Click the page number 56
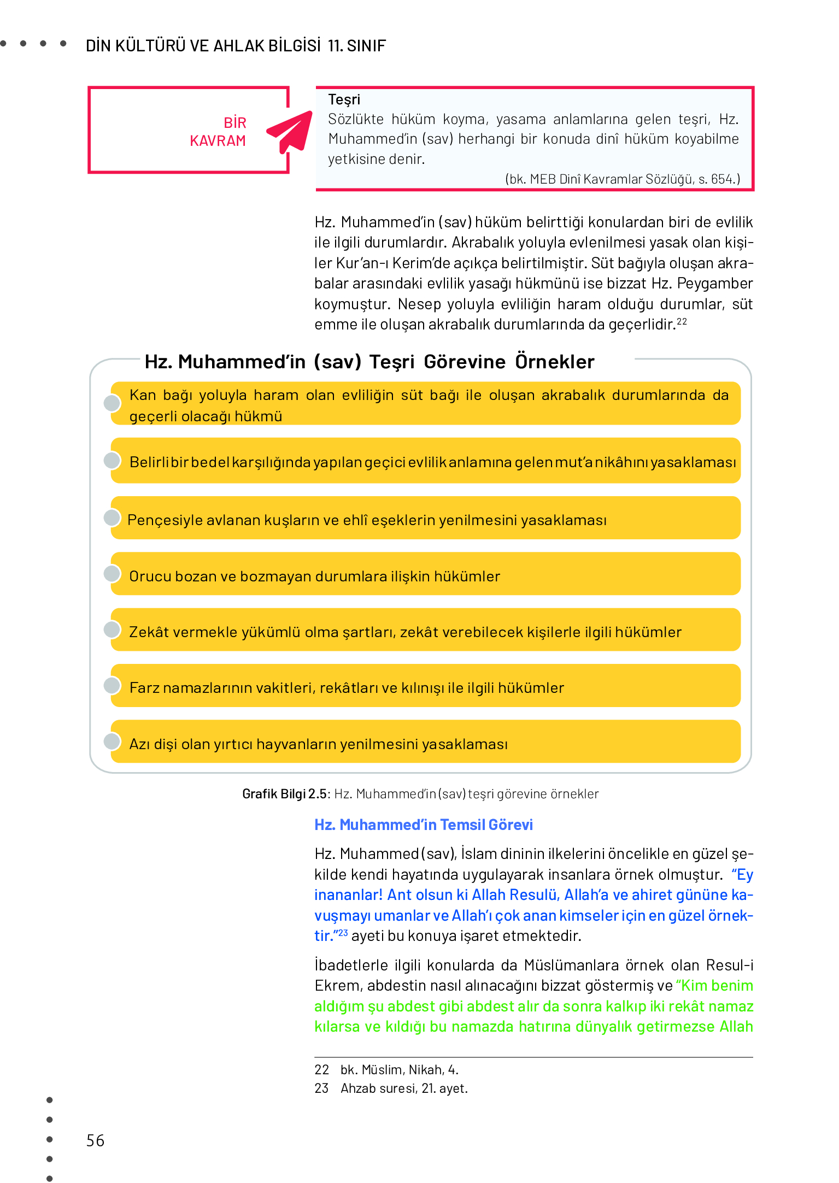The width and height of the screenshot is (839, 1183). pyautogui.click(x=95, y=1140)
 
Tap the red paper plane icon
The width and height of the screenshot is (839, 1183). pyautogui.click(x=290, y=131)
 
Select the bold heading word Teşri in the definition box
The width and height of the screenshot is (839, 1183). pyautogui.click(x=344, y=99)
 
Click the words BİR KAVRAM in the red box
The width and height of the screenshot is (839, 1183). pyautogui.click(x=218, y=132)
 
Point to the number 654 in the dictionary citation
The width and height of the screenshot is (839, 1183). pyautogui.click(x=721, y=179)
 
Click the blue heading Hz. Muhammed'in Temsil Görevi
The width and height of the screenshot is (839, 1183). pyautogui.click(x=423, y=825)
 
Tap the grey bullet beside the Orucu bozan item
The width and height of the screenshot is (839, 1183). pyautogui.click(x=112, y=574)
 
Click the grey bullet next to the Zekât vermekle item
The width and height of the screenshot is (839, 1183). pyautogui.click(x=112, y=629)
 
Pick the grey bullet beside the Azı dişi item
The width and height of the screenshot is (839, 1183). pyautogui.click(x=112, y=741)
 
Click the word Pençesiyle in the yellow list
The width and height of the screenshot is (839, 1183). pyautogui.click(x=157, y=520)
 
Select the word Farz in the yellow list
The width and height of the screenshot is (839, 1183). pyautogui.click(x=144, y=688)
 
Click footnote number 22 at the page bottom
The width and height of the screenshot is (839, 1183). pyautogui.click(x=321, y=1070)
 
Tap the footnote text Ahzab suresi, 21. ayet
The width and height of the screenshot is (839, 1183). pyautogui.click(x=404, y=1088)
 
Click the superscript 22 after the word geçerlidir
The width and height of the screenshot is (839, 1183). pyautogui.click(x=682, y=321)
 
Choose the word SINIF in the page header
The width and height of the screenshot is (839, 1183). pyautogui.click(x=366, y=46)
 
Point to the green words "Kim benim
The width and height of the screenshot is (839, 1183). pyautogui.click(x=714, y=986)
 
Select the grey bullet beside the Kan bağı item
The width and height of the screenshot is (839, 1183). pyautogui.click(x=112, y=403)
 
